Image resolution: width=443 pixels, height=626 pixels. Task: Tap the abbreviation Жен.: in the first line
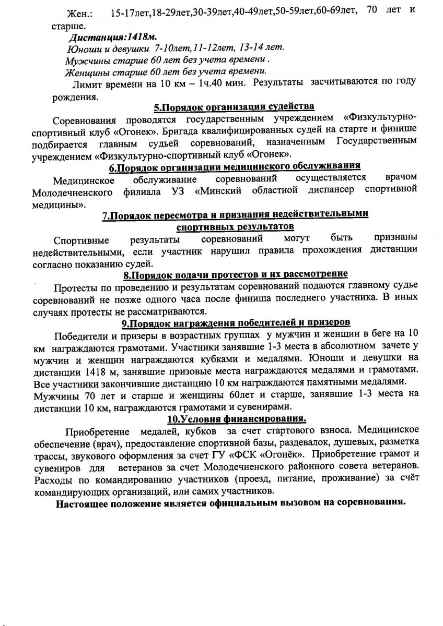(81, 13)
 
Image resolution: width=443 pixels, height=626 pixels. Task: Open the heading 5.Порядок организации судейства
(234, 108)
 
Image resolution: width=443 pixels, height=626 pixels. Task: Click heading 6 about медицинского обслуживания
(235, 167)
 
